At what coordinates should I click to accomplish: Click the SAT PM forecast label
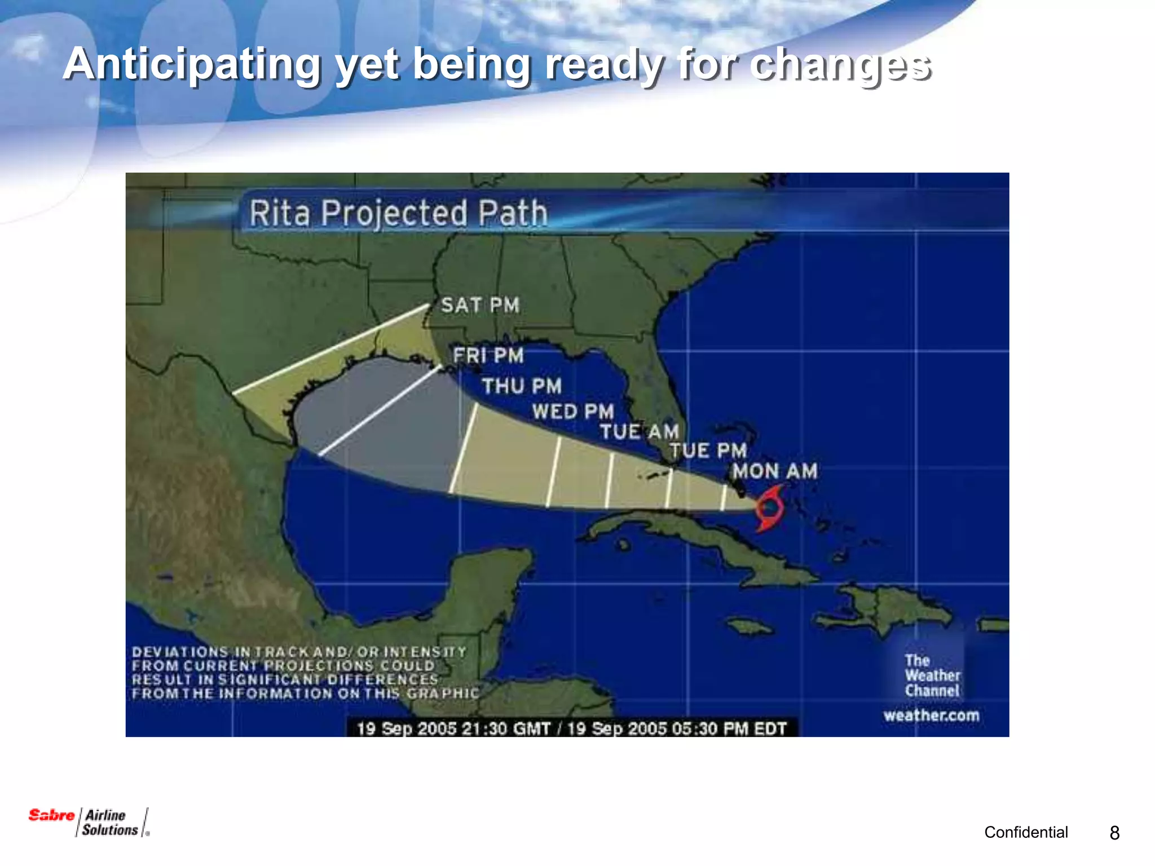point(480,305)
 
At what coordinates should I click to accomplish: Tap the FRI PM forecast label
point(488,356)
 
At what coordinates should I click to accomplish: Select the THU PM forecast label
point(522,386)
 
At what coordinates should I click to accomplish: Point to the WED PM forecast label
point(573,412)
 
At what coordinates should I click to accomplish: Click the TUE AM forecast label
point(639,432)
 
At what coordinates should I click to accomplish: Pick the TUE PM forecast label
point(708,450)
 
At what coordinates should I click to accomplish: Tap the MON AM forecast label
point(775,471)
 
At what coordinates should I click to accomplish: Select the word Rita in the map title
point(280,213)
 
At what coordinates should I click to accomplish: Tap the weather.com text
point(932,715)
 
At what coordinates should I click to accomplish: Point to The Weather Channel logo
point(932,675)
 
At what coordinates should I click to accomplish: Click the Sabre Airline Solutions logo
point(89,822)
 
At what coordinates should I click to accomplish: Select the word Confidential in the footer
point(1026,832)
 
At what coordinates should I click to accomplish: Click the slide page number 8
point(1114,833)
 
